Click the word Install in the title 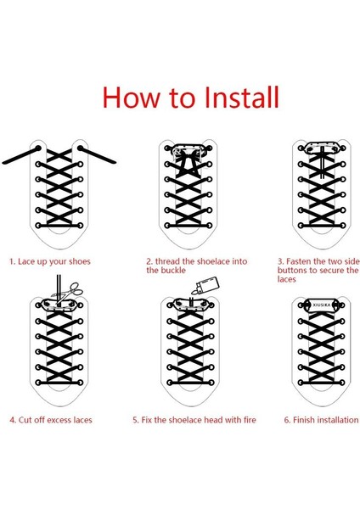click(x=242, y=97)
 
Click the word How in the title click(x=132, y=97)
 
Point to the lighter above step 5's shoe click(x=205, y=285)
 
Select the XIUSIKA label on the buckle click(x=322, y=305)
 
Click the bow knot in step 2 click(x=187, y=164)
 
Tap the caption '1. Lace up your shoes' click(x=50, y=261)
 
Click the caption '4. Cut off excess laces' click(x=51, y=420)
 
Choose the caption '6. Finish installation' click(x=321, y=420)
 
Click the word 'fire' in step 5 click(x=250, y=420)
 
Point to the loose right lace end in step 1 click(x=97, y=155)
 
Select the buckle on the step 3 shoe click(x=321, y=148)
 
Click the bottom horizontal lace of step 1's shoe click(x=59, y=225)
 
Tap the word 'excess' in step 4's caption click(x=59, y=421)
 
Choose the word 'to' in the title click(x=182, y=98)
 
